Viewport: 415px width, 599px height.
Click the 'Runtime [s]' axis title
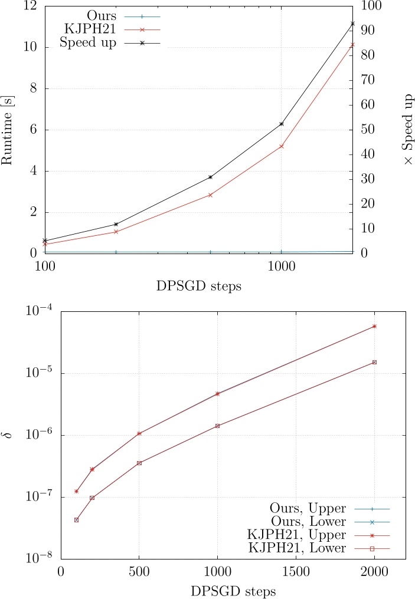[9, 129]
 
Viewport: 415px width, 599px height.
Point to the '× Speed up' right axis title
[407, 129]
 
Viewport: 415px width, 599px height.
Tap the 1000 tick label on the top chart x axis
[281, 266]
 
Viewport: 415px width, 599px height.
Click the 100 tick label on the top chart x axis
[45, 266]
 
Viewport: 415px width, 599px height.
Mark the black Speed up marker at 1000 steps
[281, 124]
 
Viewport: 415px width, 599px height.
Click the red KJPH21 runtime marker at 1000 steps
[281, 146]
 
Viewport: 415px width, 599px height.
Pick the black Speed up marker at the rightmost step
[353, 24]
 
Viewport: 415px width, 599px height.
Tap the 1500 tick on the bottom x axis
[296, 571]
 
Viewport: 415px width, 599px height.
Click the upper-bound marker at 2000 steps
[374, 326]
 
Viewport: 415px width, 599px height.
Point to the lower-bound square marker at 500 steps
[139, 463]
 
